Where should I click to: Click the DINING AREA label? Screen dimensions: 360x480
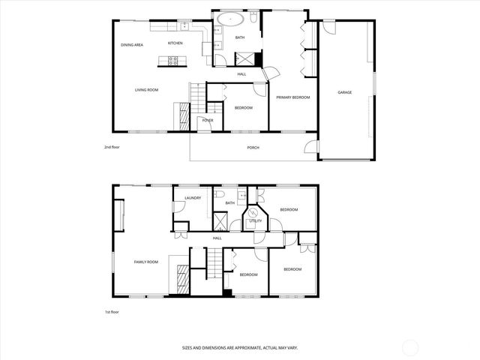(x=133, y=45)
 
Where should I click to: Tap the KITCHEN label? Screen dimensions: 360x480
(x=175, y=43)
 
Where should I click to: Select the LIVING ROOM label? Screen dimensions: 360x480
(x=146, y=90)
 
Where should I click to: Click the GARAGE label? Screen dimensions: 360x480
(x=345, y=92)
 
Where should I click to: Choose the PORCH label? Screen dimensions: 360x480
(x=253, y=147)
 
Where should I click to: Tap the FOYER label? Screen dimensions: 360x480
(x=208, y=120)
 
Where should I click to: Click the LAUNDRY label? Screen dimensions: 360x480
(x=193, y=197)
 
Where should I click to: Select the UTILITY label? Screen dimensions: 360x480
(x=256, y=221)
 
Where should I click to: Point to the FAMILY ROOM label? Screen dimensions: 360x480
(x=146, y=262)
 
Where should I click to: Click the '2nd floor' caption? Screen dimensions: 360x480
(x=112, y=147)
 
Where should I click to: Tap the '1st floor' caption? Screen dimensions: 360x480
(x=112, y=311)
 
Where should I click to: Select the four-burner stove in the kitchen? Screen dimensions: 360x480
(x=175, y=61)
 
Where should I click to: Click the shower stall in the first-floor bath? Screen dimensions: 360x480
(x=221, y=221)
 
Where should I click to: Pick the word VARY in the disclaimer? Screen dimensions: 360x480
(x=292, y=348)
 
